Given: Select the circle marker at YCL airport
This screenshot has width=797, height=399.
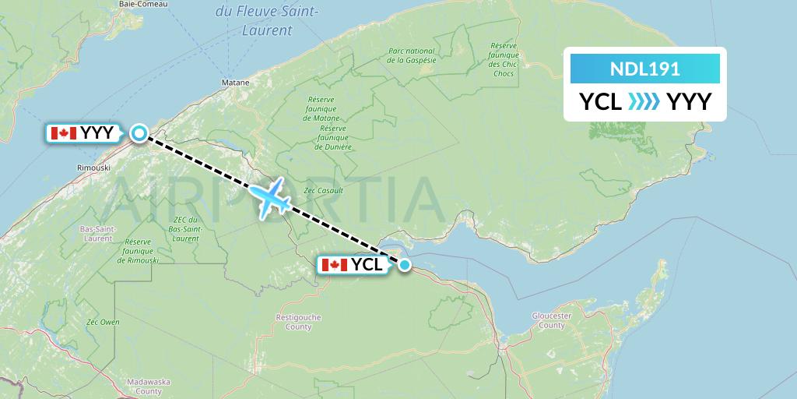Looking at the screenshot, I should [x=405, y=265].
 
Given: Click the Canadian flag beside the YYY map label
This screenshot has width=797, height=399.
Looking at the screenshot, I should [x=63, y=133].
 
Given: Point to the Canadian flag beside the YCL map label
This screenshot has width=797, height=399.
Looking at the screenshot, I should [x=334, y=265].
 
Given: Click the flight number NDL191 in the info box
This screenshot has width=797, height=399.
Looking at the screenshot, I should [x=645, y=69].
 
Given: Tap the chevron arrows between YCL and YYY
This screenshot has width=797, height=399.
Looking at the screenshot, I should [x=644, y=101].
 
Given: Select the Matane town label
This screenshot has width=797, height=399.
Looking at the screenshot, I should [x=235, y=82].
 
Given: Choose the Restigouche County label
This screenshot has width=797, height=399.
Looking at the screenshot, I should [x=293, y=322].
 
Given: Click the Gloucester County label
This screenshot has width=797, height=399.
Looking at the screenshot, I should [x=552, y=320].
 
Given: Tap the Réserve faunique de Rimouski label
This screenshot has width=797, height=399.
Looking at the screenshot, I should [x=138, y=251].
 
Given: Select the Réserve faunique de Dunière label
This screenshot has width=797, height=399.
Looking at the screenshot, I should [x=332, y=137].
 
